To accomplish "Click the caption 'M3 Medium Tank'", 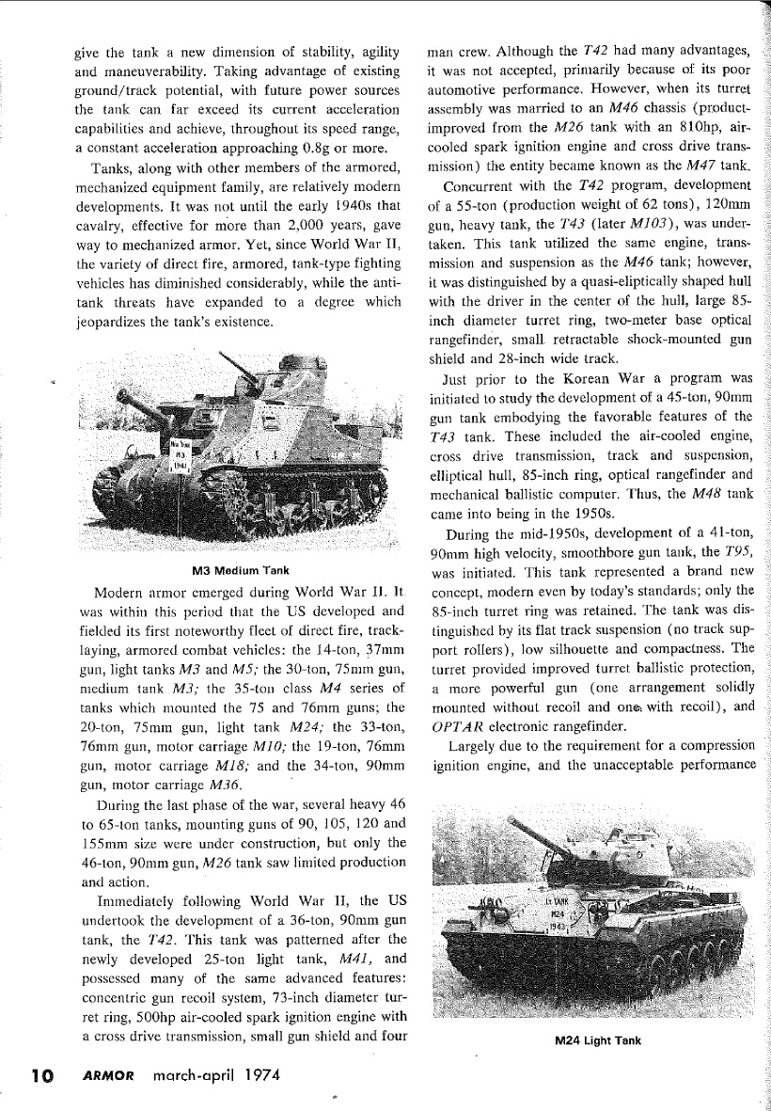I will point(241,570).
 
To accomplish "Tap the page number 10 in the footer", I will point(41,1074).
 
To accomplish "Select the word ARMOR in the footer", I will point(102,1074).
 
